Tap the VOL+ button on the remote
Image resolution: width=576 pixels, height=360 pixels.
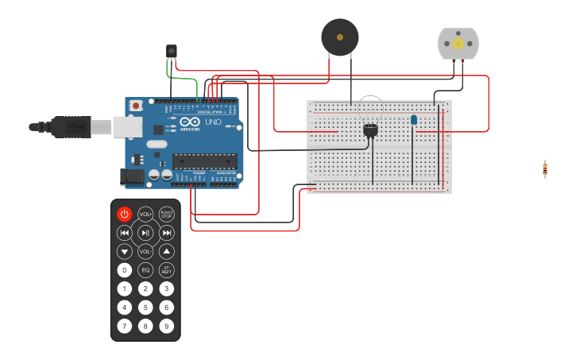(x=145, y=214)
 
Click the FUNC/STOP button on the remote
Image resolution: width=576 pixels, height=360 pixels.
(x=167, y=214)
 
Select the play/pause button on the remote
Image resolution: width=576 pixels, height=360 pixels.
(x=145, y=233)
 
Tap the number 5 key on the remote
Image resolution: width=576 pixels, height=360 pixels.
(x=145, y=308)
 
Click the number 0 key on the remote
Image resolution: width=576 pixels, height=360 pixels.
(x=125, y=270)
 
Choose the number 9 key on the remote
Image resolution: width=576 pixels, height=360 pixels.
(x=167, y=326)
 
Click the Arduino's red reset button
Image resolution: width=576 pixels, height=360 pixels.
(x=136, y=105)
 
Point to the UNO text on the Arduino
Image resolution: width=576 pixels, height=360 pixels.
(x=213, y=122)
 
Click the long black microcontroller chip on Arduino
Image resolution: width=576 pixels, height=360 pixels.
(x=204, y=161)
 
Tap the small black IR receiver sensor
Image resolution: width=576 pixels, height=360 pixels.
(x=172, y=52)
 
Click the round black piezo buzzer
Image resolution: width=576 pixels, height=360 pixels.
(x=340, y=37)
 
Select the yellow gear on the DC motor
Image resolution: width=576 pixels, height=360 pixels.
(x=458, y=44)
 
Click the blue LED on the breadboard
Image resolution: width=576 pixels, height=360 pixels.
(x=414, y=120)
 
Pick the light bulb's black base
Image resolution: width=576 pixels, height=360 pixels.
(x=370, y=130)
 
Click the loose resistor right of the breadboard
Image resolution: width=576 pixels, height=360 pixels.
(x=545, y=168)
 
